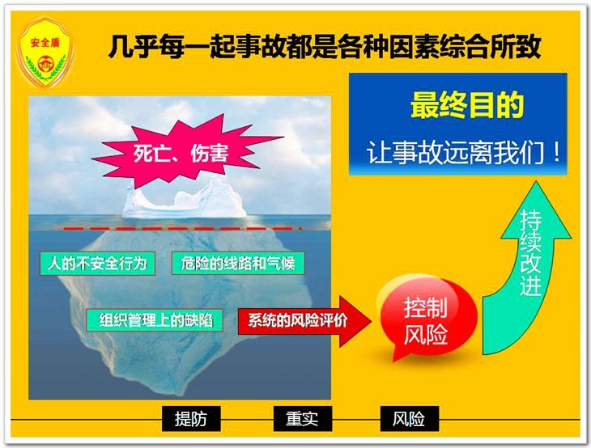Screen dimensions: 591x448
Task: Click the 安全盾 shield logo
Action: [x=45, y=53]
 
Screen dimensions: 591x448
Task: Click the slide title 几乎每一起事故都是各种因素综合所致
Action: [x=325, y=46]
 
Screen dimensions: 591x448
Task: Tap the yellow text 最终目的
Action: [x=466, y=105]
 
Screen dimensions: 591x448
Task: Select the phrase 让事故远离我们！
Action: [x=464, y=153]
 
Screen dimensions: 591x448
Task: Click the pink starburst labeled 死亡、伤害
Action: [x=185, y=150]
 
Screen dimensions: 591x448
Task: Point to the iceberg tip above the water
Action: [x=185, y=200]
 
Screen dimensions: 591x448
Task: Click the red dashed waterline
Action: [x=183, y=228]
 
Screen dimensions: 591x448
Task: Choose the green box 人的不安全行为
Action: [x=98, y=263]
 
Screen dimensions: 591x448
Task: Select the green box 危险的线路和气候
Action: [x=238, y=263]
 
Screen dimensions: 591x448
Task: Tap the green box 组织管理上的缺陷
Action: [x=154, y=320]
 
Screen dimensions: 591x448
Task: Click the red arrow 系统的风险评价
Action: [x=304, y=321]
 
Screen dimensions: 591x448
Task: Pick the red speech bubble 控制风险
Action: [x=427, y=318]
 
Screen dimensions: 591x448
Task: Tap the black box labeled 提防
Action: [x=191, y=419]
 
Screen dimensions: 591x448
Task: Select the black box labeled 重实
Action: [x=302, y=419]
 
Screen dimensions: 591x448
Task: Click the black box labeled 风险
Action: [x=410, y=419]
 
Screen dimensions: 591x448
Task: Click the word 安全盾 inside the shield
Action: [x=45, y=42]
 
